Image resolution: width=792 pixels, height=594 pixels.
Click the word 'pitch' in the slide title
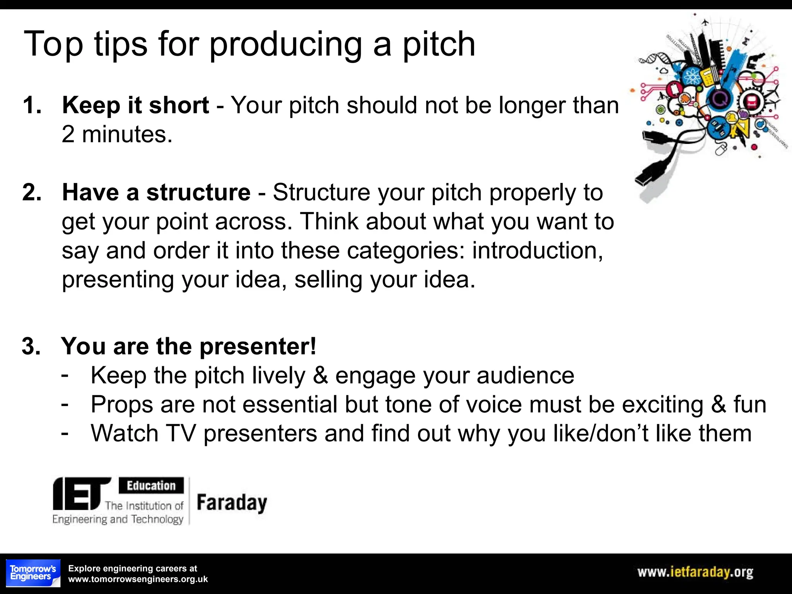(439, 45)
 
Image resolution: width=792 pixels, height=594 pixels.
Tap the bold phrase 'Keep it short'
(135, 105)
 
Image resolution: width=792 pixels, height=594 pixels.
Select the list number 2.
(32, 192)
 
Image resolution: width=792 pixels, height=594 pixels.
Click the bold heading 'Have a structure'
(156, 192)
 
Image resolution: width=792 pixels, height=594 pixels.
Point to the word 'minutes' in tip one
(126, 134)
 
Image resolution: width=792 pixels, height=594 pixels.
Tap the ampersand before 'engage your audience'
(320, 375)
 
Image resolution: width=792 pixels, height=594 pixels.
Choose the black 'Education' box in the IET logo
(151, 485)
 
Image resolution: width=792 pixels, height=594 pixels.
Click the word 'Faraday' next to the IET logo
(232, 503)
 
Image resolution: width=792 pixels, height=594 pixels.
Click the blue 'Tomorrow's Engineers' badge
(33, 573)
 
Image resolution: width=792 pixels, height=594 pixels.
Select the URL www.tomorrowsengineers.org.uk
(138, 579)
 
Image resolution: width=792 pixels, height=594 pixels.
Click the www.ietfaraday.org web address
(695, 572)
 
